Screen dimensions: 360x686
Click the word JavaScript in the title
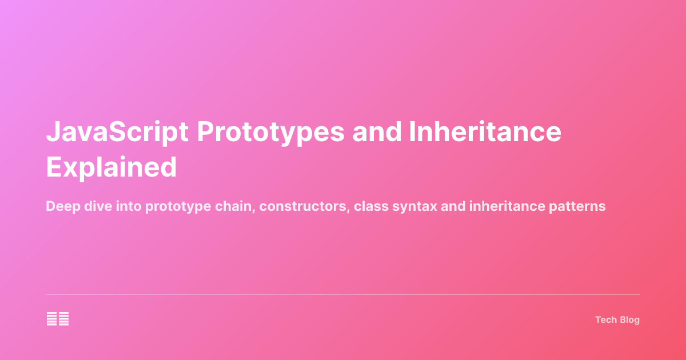pos(117,133)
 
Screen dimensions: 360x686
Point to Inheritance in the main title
pos(485,133)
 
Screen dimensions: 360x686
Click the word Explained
pos(111,167)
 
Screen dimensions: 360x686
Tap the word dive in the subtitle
pos(95,206)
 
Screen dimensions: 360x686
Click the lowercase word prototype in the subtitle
pos(178,207)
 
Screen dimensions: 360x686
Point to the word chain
pos(235,206)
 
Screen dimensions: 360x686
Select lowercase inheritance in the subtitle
pos(506,206)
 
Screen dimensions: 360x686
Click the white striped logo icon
pos(58,319)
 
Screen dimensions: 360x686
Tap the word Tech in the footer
pos(606,320)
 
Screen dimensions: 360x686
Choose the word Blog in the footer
pos(629,320)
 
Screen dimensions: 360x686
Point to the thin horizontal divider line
pos(343,295)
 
